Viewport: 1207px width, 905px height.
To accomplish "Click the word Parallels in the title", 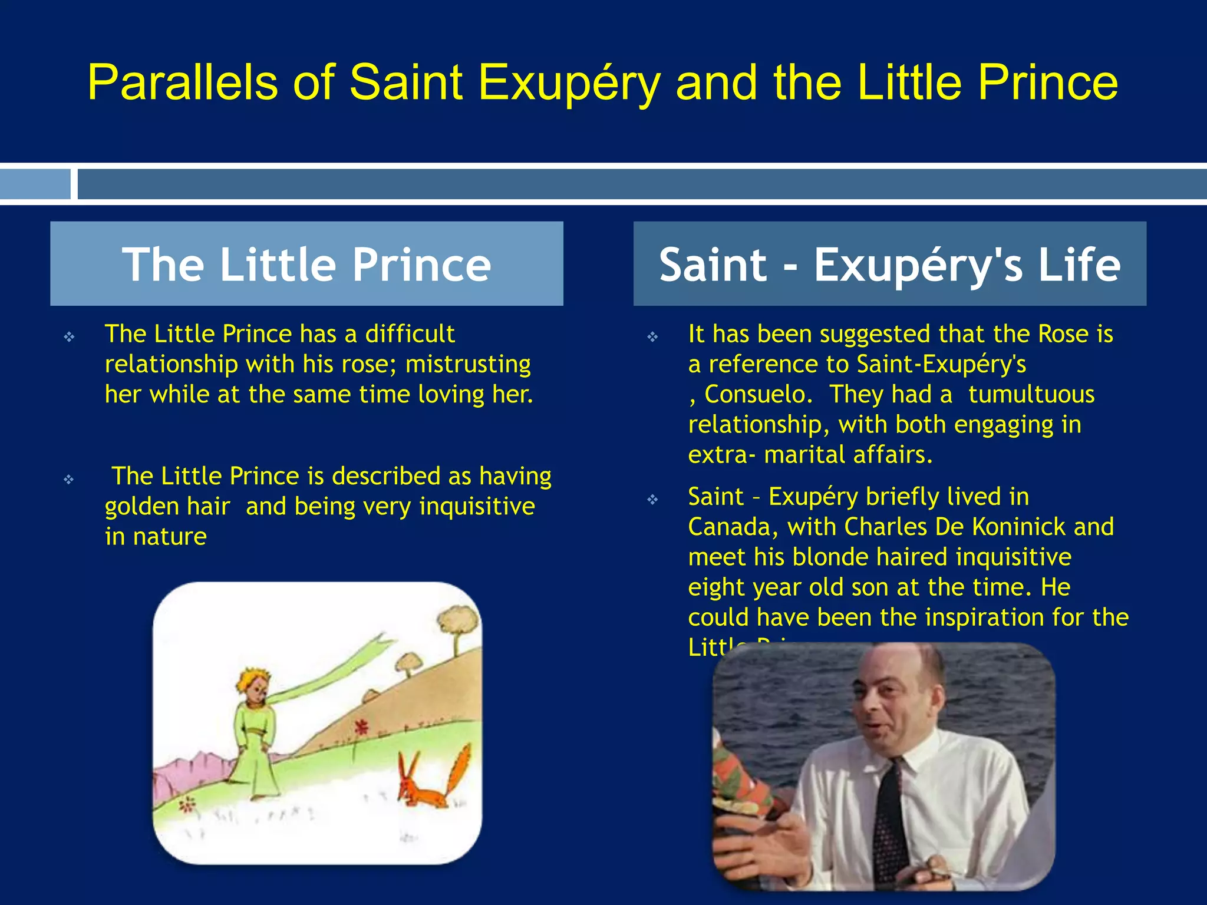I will pyautogui.click(x=182, y=83).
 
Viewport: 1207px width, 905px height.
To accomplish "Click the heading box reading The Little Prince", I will pyautogui.click(x=306, y=264).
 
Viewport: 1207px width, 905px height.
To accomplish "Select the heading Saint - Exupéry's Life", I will pyautogui.click(x=889, y=264).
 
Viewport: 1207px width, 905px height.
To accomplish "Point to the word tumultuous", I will pyautogui.click(x=1031, y=394).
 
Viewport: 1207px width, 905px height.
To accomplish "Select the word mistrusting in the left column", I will pyautogui.click(x=468, y=364).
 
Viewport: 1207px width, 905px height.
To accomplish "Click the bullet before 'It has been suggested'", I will pyautogui.click(x=652, y=337).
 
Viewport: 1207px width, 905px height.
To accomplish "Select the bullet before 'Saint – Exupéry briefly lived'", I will pyautogui.click(x=652, y=500).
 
